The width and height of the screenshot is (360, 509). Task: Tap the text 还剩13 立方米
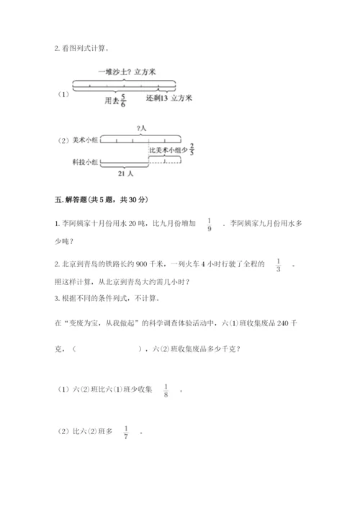[x=169, y=96]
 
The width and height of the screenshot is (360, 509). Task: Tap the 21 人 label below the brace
[x=124, y=175]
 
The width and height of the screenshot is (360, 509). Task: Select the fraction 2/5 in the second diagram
[x=193, y=150]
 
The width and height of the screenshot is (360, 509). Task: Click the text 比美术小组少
[x=168, y=150]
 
